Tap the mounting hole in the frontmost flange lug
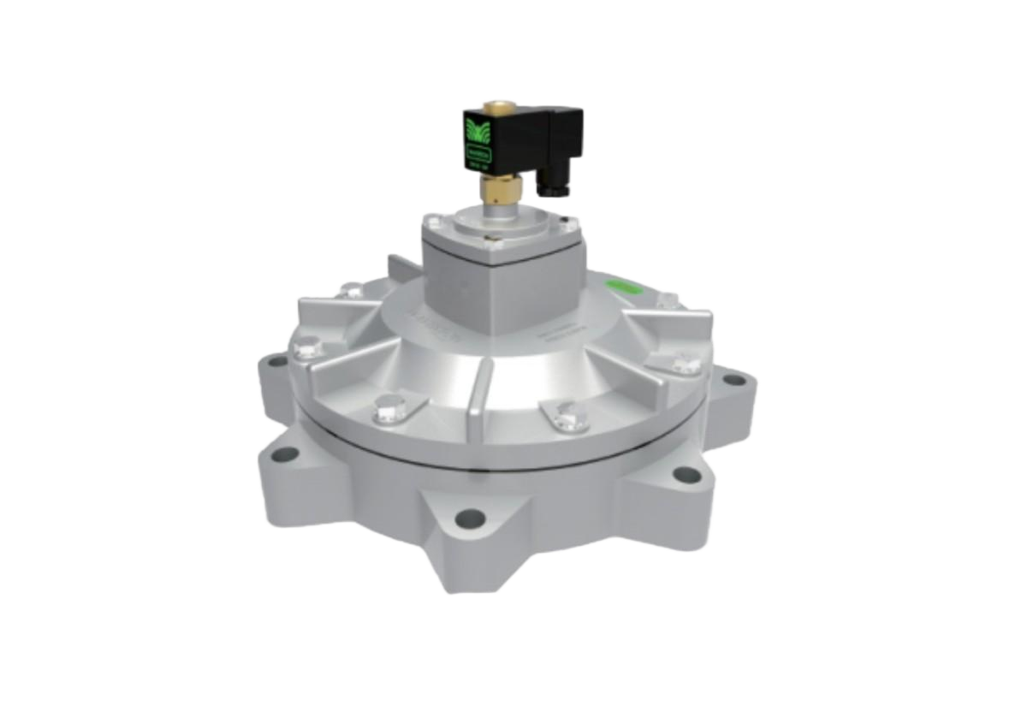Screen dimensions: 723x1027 [468, 517]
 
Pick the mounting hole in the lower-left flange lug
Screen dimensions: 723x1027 [288, 454]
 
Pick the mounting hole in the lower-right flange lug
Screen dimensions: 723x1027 [683, 473]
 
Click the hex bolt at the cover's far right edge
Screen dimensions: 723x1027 [686, 366]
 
